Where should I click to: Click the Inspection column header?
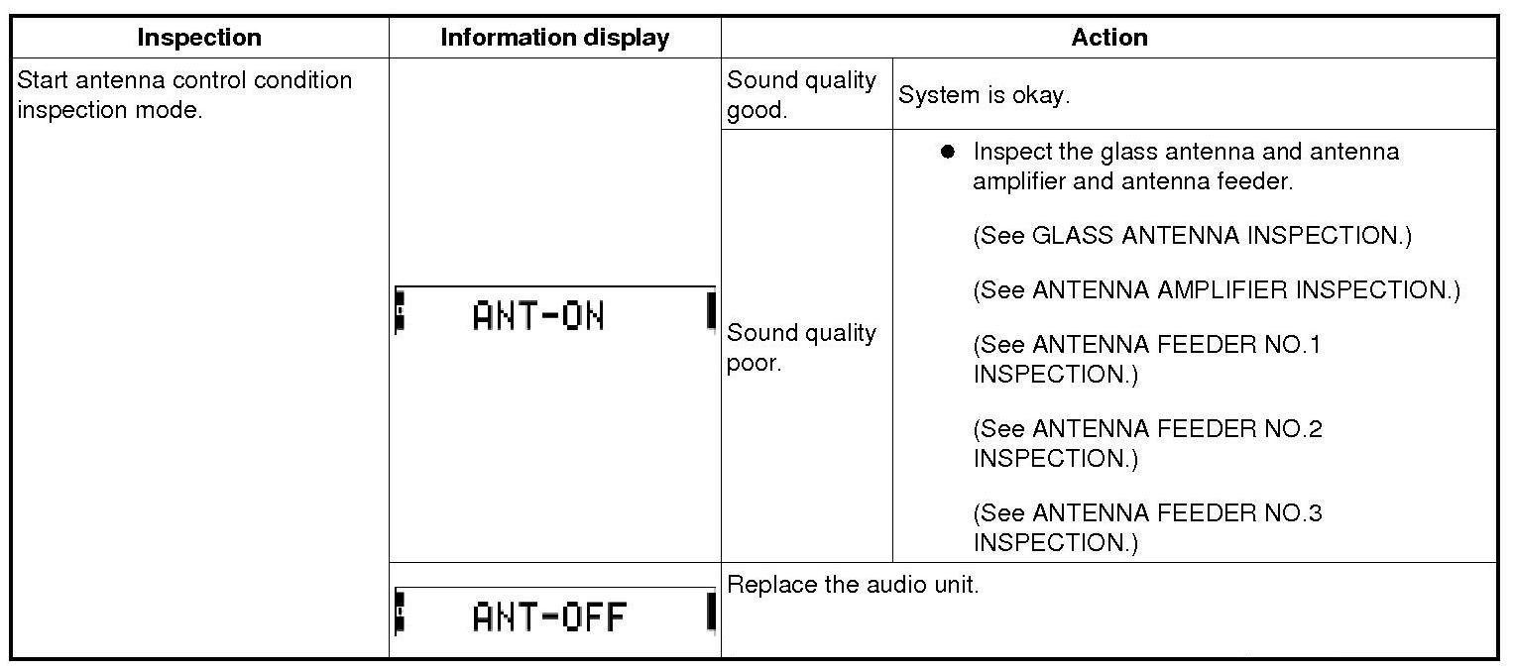click(x=199, y=38)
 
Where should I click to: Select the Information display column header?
click(x=554, y=38)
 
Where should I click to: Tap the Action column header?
click(x=1108, y=38)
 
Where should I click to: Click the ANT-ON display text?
click(x=537, y=316)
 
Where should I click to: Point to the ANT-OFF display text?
click(x=549, y=617)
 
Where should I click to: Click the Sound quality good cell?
click(x=801, y=94)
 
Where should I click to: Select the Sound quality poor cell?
click(x=801, y=347)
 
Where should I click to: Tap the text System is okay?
click(x=984, y=95)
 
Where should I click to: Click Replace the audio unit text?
click(x=853, y=585)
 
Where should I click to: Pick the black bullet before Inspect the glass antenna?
click(x=948, y=152)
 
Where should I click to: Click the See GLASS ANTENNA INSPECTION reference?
click(x=1192, y=236)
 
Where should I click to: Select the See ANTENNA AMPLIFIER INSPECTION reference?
click(x=1216, y=290)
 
